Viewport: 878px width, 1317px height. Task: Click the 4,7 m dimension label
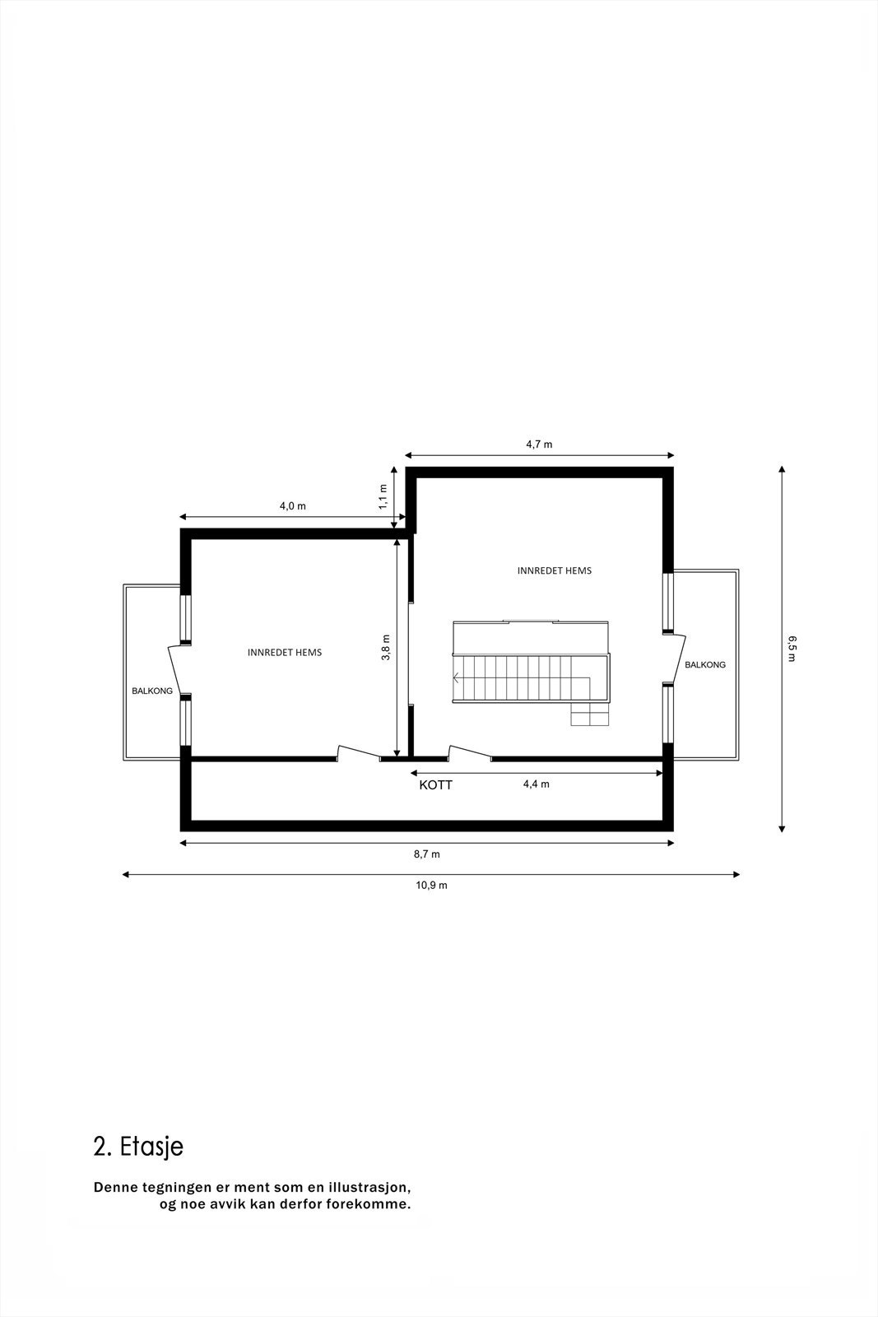(x=539, y=444)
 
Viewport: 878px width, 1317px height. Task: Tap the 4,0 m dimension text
(x=292, y=506)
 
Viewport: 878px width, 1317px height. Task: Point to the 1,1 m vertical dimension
(x=383, y=496)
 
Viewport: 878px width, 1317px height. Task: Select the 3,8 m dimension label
(x=386, y=647)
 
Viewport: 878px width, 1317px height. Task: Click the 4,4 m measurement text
(x=536, y=784)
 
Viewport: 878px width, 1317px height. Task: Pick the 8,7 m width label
(x=426, y=854)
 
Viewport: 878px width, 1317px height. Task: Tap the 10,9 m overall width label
(x=431, y=886)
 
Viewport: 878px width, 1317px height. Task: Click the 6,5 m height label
(x=792, y=649)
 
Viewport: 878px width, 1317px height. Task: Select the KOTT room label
(x=435, y=785)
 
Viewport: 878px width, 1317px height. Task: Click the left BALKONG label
(x=152, y=691)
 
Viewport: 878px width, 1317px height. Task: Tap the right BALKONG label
(x=705, y=664)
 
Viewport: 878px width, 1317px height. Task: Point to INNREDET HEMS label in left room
(x=285, y=652)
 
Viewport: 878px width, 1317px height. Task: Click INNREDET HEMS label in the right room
(x=554, y=570)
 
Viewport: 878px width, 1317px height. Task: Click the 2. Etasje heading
(x=138, y=1147)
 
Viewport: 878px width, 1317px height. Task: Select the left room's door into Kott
(x=359, y=752)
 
